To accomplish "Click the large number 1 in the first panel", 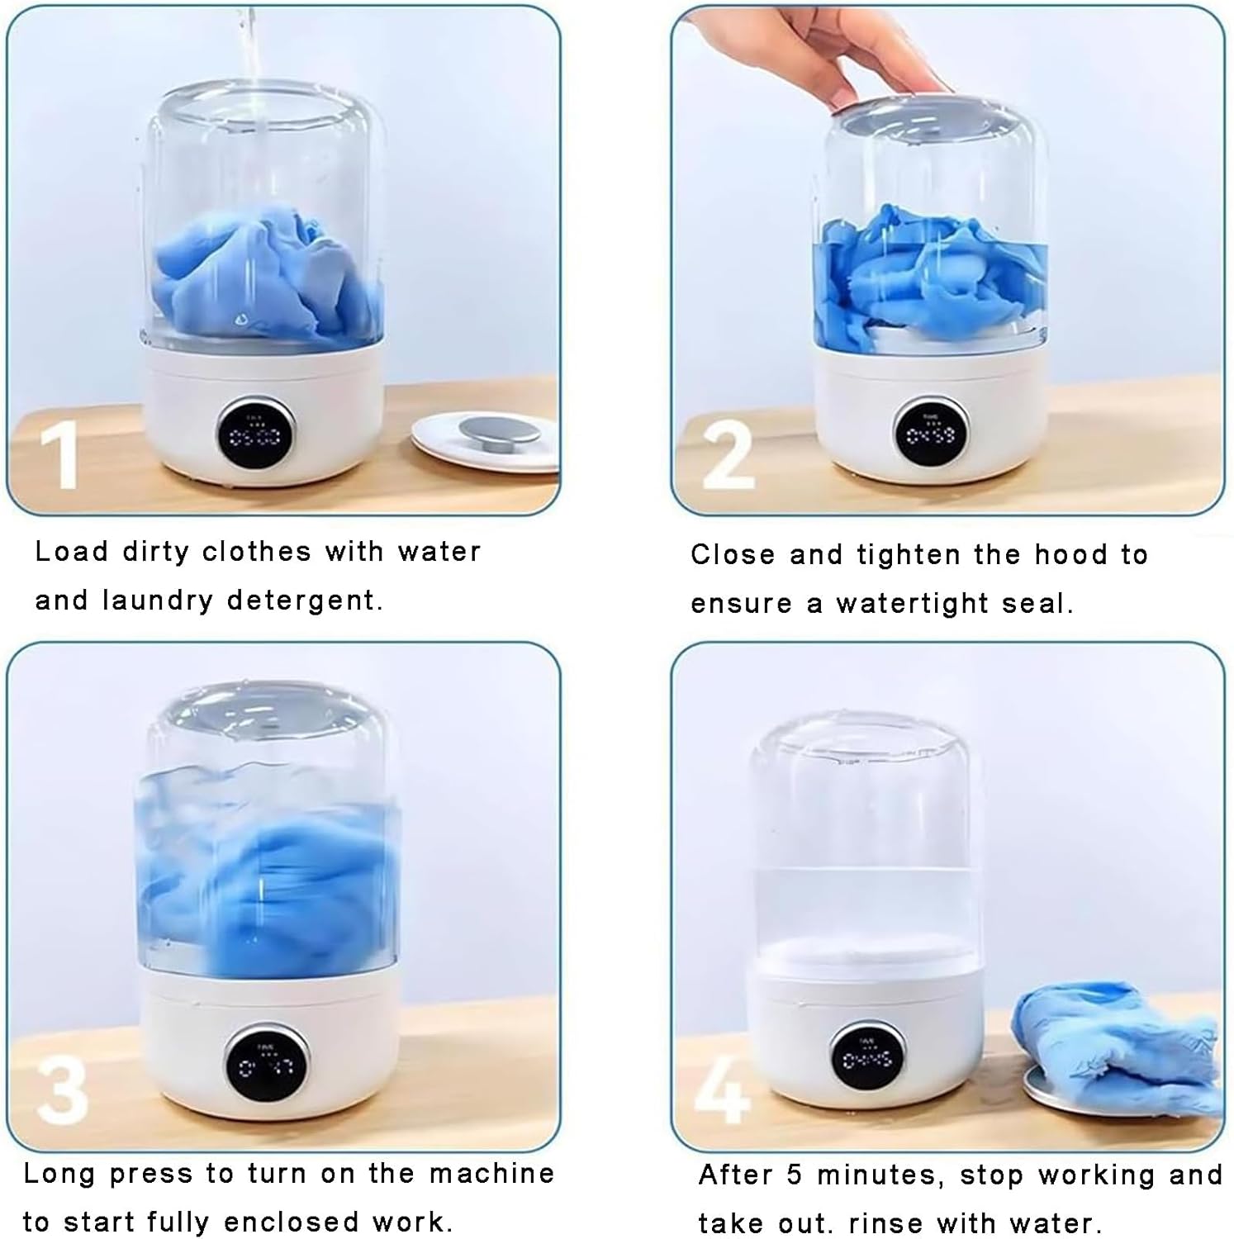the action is click(59, 455).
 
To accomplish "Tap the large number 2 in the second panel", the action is click(729, 456).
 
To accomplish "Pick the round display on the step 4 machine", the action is click(866, 1058).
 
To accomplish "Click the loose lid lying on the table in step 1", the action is click(486, 443).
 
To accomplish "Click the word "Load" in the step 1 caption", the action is click(72, 551).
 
